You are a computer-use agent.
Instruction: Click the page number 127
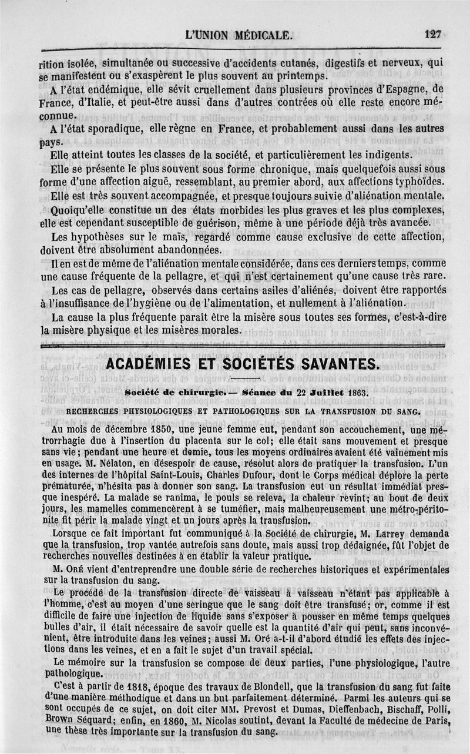click(x=432, y=35)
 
